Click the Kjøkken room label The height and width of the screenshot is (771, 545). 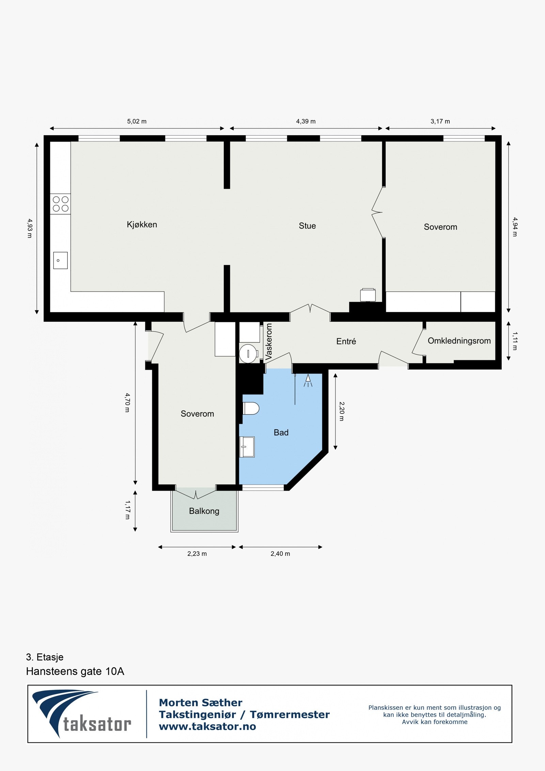[x=142, y=225]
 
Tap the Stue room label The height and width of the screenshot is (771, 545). [x=307, y=226]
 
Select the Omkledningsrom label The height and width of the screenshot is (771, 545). [x=459, y=341]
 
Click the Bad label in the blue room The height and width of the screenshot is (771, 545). [x=281, y=432]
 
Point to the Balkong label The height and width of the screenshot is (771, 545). [x=204, y=511]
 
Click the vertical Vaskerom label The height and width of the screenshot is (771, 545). [x=269, y=342]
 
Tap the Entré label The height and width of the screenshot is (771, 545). [x=346, y=341]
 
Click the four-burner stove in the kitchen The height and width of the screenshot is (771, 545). [x=60, y=204]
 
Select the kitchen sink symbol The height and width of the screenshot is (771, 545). [x=60, y=260]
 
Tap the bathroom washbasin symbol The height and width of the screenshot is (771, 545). [x=247, y=447]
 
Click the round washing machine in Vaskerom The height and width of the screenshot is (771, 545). [x=248, y=354]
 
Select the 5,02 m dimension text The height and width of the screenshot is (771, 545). [x=137, y=121]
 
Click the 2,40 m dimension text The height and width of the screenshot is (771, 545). [x=280, y=554]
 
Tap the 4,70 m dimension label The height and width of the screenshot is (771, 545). [x=127, y=403]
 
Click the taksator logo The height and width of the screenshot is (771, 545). [x=82, y=714]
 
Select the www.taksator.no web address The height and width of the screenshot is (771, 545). [x=207, y=726]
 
